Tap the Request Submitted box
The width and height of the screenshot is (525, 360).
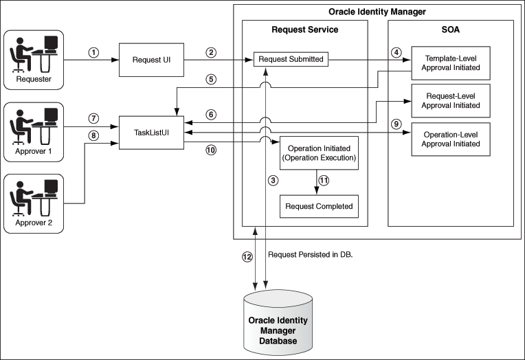[291, 60]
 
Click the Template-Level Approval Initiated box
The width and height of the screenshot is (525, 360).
[451, 63]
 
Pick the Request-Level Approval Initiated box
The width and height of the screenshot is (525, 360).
[451, 100]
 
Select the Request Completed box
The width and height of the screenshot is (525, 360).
[319, 206]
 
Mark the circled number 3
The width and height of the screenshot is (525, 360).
[273, 181]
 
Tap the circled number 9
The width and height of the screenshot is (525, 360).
[394, 124]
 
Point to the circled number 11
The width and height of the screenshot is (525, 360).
[325, 181]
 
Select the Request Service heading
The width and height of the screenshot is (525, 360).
[304, 30]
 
